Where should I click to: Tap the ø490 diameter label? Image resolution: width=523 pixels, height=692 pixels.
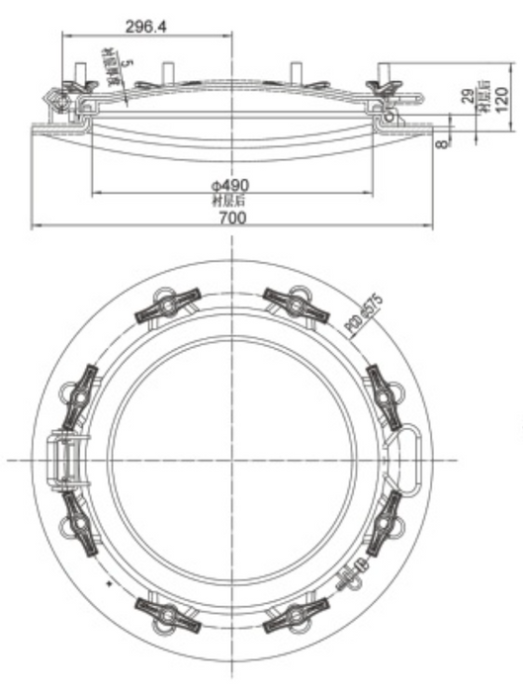(229, 185)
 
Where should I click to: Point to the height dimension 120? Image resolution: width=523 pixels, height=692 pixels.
(503, 99)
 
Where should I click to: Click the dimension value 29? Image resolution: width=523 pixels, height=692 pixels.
(468, 97)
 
